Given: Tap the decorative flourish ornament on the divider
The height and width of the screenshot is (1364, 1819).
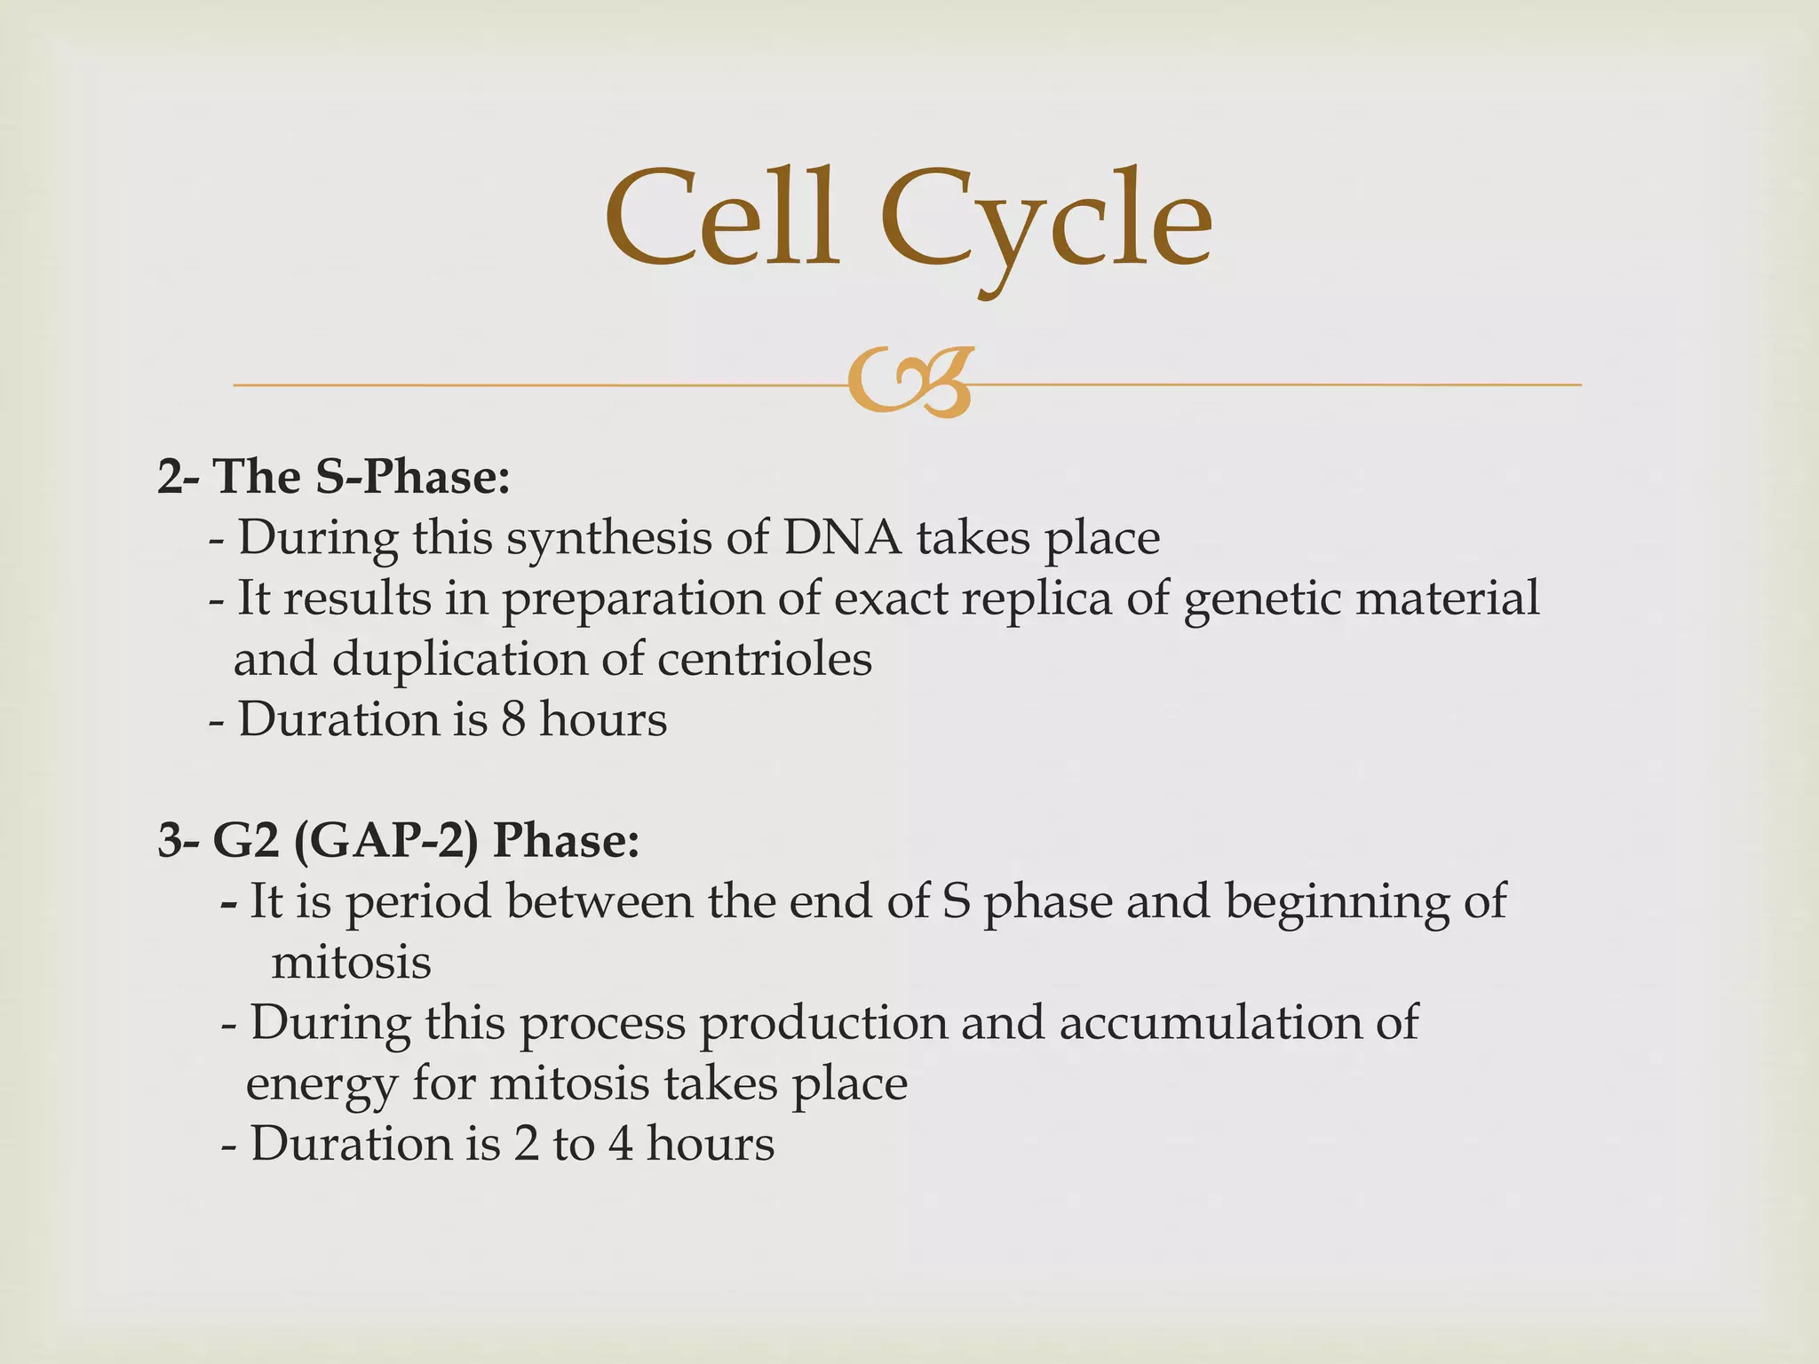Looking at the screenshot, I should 909,384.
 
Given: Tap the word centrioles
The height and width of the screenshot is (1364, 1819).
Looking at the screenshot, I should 764,659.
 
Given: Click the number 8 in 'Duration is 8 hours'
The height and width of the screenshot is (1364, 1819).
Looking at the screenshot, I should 513,719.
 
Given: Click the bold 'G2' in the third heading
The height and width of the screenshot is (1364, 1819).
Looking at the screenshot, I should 241,840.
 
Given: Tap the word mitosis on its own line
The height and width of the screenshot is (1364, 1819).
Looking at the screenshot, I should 351,962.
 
